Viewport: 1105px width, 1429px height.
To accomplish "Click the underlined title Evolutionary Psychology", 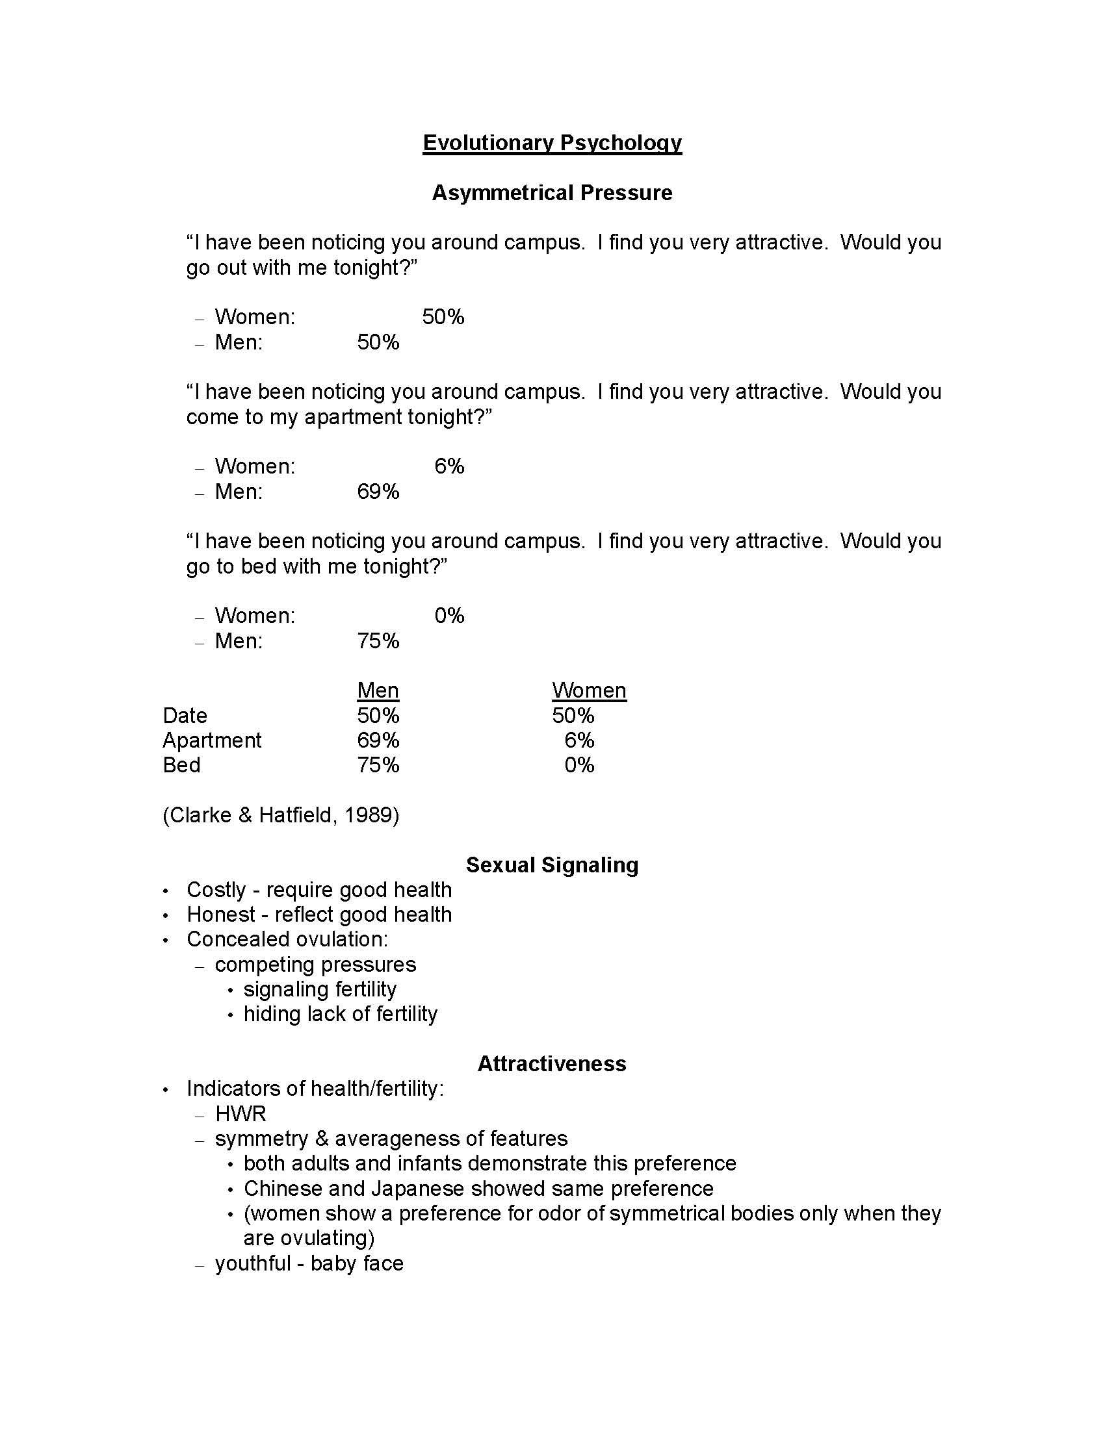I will tap(552, 143).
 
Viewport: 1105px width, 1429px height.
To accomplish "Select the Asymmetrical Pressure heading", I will tap(552, 193).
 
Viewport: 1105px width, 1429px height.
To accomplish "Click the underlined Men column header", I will tap(378, 690).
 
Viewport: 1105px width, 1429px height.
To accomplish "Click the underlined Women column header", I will tap(588, 690).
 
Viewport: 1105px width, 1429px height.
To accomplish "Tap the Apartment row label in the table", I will tap(211, 740).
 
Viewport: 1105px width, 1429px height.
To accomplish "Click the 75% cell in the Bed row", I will tap(378, 765).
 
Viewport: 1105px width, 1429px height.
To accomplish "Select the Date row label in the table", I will tap(185, 715).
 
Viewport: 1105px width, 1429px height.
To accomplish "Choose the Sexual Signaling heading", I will tap(552, 865).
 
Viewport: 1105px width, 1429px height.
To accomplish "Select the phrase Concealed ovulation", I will tap(287, 940).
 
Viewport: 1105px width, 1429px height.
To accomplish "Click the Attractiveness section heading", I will tap(552, 1064).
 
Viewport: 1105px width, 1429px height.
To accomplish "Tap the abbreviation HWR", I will tap(240, 1113).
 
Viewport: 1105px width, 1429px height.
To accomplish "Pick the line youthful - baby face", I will tap(309, 1263).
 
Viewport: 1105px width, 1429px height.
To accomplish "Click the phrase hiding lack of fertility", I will tap(340, 1014).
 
